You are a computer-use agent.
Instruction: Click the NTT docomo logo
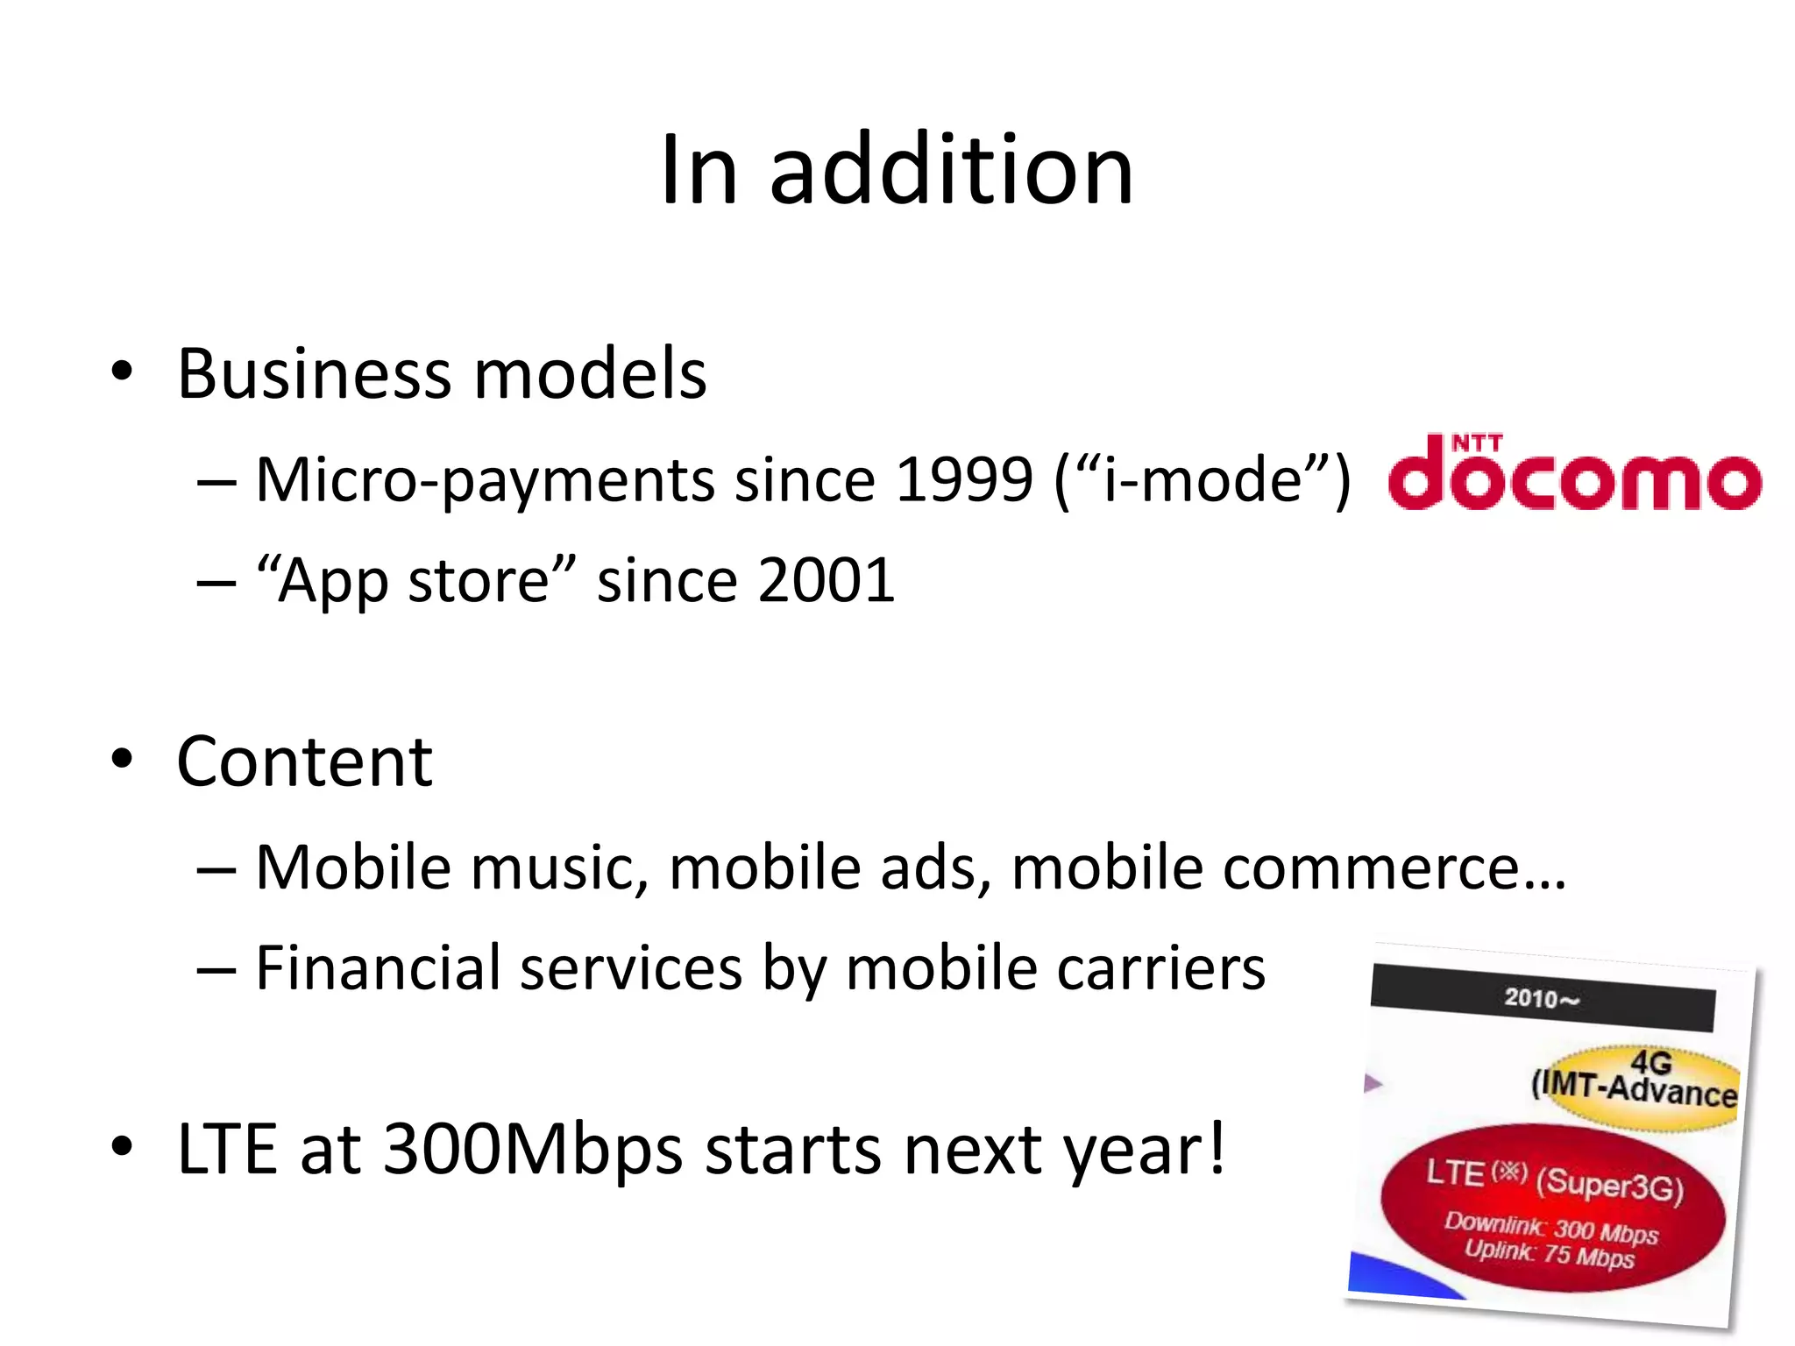1574,472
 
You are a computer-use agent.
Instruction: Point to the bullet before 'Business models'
122,372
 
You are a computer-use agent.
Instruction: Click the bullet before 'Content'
122,760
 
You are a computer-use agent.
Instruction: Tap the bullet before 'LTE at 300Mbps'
122,1147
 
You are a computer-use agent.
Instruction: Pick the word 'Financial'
377,968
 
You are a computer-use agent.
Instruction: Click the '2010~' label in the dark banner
1540,998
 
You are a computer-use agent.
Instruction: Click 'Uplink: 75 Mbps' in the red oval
1549,1254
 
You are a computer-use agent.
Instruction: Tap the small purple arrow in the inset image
1373,1084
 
